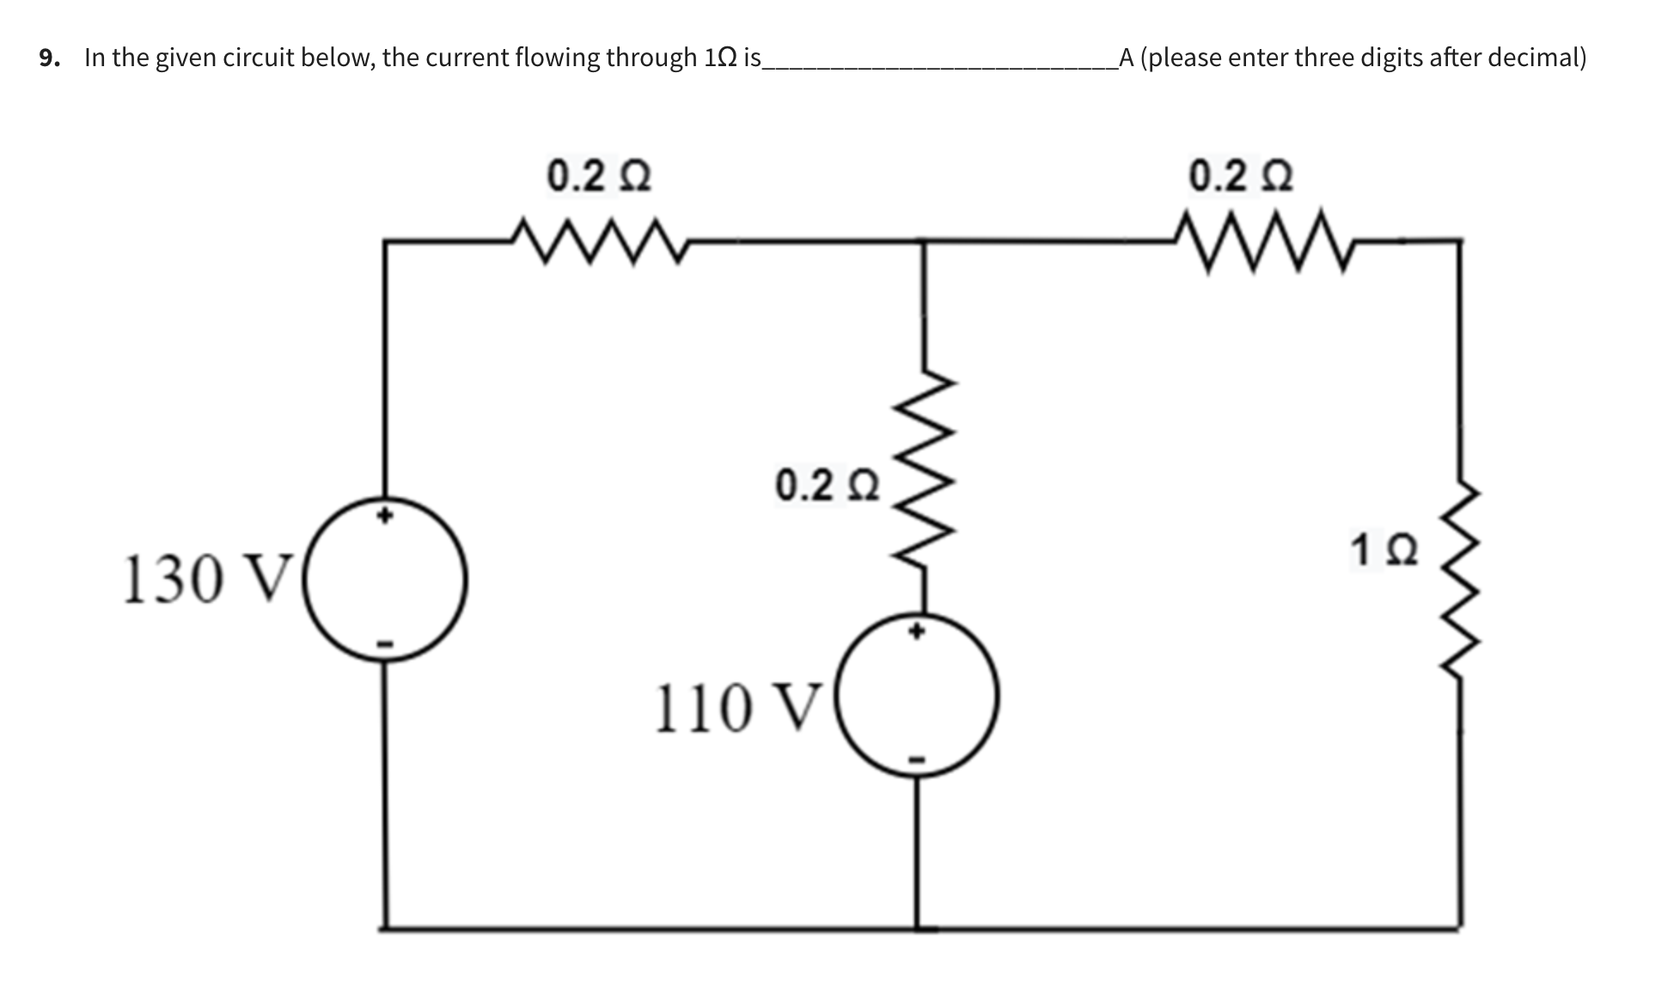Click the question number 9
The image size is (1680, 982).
pyautogui.click(x=49, y=58)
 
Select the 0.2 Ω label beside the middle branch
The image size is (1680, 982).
pyautogui.click(x=828, y=485)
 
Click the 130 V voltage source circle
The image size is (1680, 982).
pyautogui.click(x=386, y=580)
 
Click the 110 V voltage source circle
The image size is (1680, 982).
pyautogui.click(x=917, y=697)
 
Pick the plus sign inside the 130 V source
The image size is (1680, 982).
pyautogui.click(x=386, y=516)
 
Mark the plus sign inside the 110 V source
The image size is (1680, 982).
pyautogui.click(x=917, y=632)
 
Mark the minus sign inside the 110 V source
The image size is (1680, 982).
pyautogui.click(x=917, y=759)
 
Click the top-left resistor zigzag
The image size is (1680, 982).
pyautogui.click(x=598, y=242)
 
